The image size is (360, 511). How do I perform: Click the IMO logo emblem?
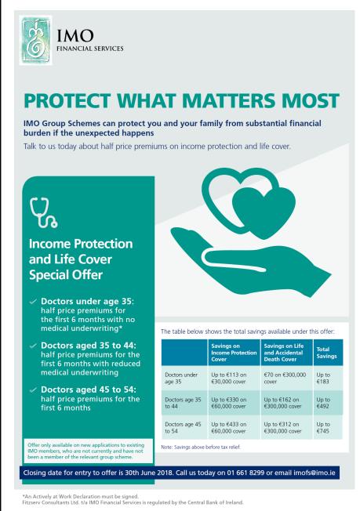36,40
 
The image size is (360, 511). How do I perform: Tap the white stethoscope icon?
43,212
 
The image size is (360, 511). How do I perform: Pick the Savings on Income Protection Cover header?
234,353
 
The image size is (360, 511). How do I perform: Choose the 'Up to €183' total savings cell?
323,378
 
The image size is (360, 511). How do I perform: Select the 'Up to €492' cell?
323,403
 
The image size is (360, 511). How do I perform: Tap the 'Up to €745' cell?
323,428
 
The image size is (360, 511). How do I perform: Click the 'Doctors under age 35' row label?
181,378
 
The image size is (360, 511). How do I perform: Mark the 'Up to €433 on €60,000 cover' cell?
228,428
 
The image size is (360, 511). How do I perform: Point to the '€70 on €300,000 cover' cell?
285,378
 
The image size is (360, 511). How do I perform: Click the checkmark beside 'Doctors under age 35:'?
33,302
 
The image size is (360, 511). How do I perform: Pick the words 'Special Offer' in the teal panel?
66,275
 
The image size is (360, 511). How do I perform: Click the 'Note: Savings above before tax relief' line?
201,447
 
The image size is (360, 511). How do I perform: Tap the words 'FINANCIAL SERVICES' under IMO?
90,49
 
